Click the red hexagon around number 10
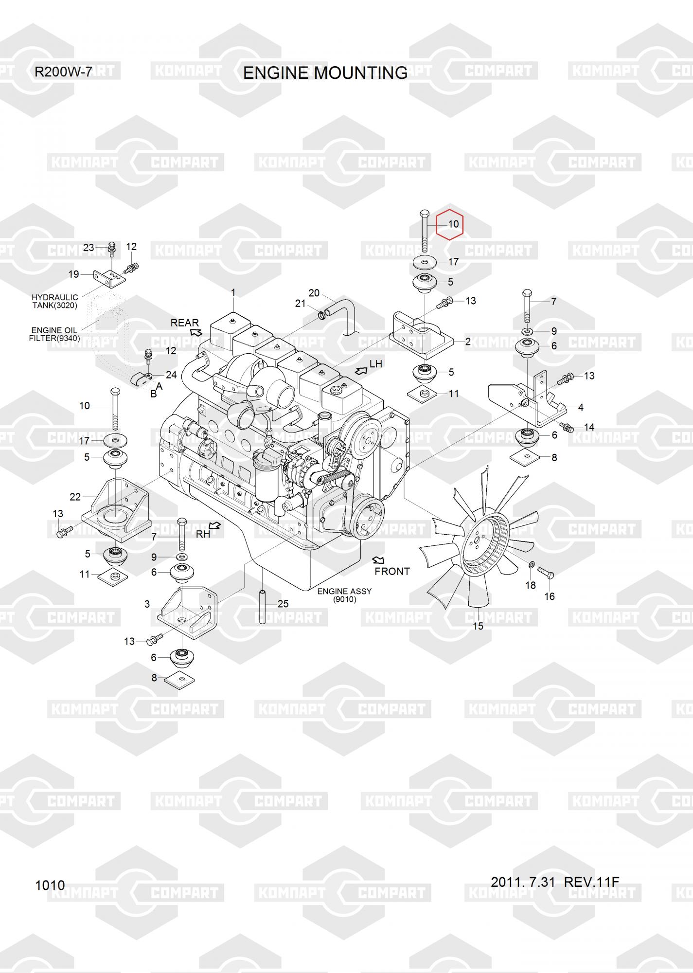tap(449, 224)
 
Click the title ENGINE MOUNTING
tap(325, 72)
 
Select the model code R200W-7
tap(63, 72)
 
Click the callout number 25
tap(283, 604)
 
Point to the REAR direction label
tap(184, 323)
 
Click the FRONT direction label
tap(392, 571)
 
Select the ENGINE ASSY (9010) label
tap(344, 595)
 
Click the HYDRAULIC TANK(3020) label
tap(54, 301)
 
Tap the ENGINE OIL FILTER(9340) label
tap(54, 334)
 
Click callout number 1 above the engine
tap(233, 292)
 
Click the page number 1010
tap(50, 885)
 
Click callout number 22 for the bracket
tap(75, 497)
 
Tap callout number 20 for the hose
tap(314, 293)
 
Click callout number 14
tap(589, 427)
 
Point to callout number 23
tap(88, 248)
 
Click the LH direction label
tap(376, 364)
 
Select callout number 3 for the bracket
tap(147, 604)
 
